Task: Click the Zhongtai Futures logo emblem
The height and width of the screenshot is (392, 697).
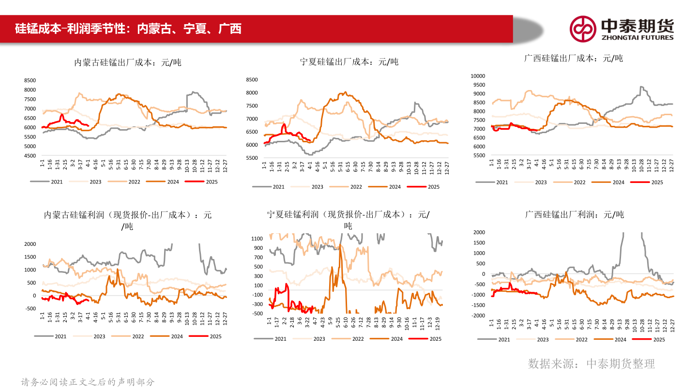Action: pyautogui.click(x=582, y=29)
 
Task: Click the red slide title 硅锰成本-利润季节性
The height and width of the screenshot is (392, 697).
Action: pyautogui.click(x=128, y=29)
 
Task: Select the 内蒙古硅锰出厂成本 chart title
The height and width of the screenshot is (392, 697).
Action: pyautogui.click(x=128, y=62)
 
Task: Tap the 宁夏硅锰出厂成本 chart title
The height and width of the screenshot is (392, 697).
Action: pyautogui.click(x=349, y=61)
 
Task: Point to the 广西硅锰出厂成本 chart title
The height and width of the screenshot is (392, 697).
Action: pyautogui.click(x=574, y=58)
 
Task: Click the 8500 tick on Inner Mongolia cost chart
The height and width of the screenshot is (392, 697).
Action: pyautogui.click(x=30, y=80)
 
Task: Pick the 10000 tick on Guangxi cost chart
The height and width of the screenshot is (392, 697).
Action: pyautogui.click(x=478, y=76)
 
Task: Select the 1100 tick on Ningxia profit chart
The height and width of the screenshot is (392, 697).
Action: pyautogui.click(x=257, y=238)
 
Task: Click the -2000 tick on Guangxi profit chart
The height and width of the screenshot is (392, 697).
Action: pyautogui.click(x=478, y=316)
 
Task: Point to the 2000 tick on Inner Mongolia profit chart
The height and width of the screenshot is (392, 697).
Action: pyautogui.click(x=30, y=244)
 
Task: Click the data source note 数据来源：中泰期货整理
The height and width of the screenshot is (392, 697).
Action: pyautogui.click(x=591, y=363)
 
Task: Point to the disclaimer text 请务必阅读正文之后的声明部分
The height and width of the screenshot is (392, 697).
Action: pyautogui.click(x=88, y=382)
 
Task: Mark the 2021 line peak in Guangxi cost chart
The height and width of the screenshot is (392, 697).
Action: pyautogui.click(x=641, y=87)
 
